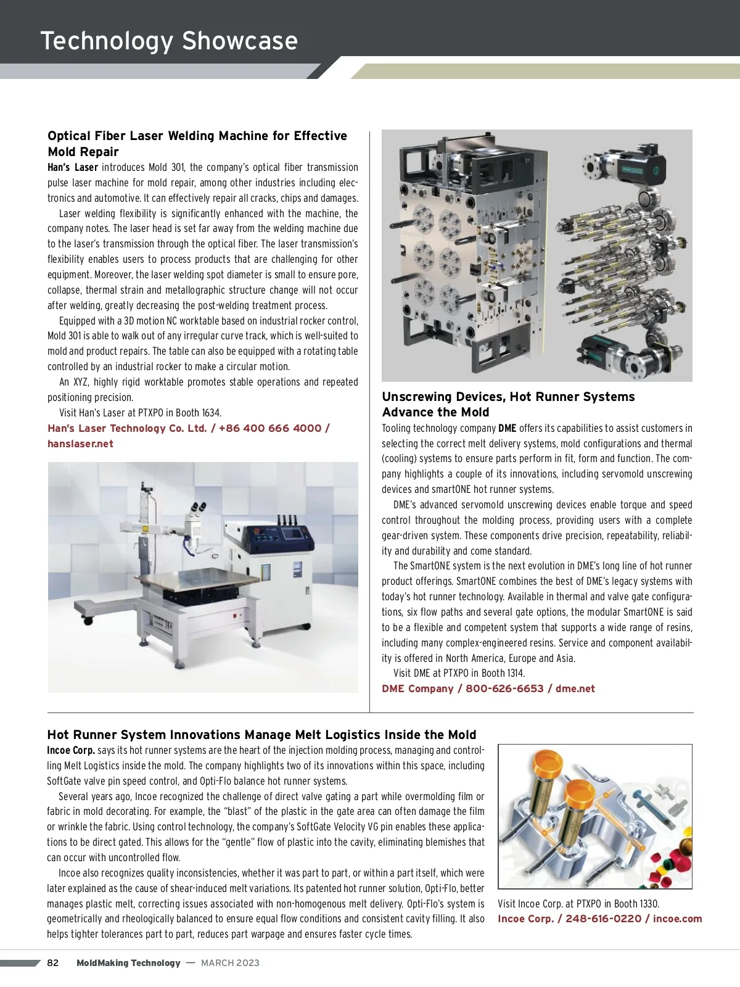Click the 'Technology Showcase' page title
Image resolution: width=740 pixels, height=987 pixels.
tap(169, 41)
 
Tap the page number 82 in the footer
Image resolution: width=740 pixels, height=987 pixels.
tap(53, 963)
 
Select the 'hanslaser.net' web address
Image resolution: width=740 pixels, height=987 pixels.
tap(80, 444)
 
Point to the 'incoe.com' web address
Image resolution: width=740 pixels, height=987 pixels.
tap(677, 919)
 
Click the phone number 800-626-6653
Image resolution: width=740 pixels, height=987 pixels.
tap(504, 688)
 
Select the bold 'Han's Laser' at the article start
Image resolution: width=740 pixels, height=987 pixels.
tap(73, 167)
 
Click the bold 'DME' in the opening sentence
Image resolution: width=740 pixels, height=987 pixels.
tap(507, 428)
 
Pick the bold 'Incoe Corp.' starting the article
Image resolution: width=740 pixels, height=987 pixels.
tap(71, 750)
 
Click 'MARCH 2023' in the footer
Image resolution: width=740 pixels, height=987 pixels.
tap(230, 963)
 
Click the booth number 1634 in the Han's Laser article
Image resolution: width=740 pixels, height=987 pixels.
tap(211, 413)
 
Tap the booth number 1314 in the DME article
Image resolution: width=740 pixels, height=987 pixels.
tap(514, 673)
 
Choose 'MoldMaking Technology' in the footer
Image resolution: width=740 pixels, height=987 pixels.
tap(128, 963)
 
